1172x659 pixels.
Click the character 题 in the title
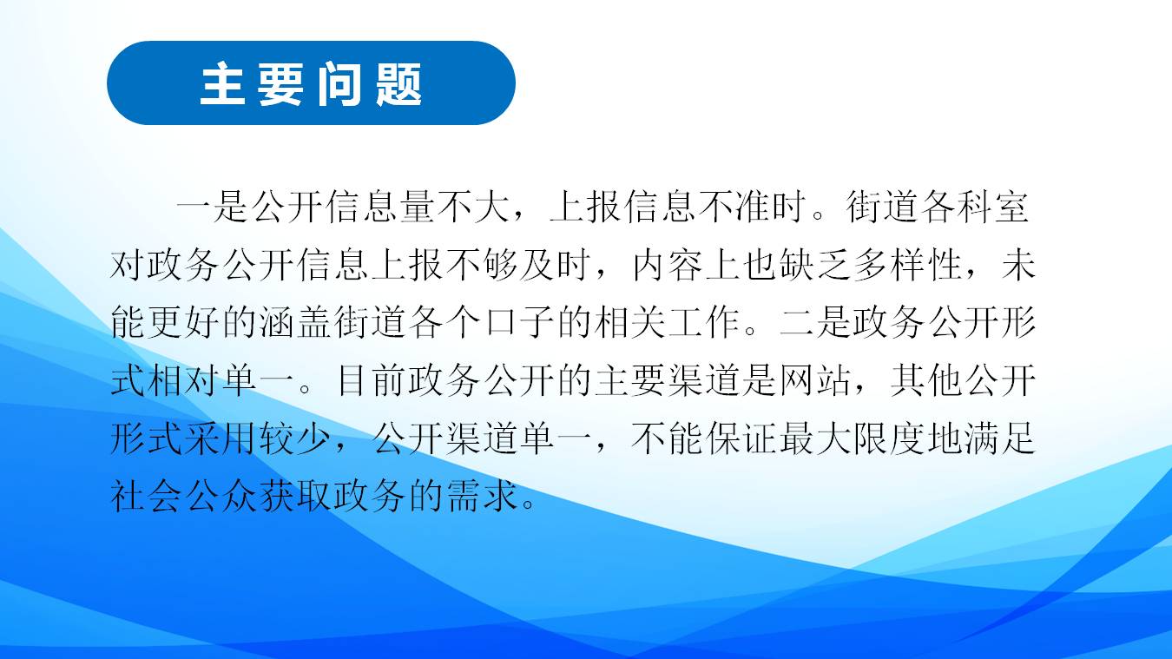pos(398,83)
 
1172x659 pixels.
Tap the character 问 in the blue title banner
pos(339,83)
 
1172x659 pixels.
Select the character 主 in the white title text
pos(222,83)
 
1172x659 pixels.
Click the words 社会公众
pos(184,496)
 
